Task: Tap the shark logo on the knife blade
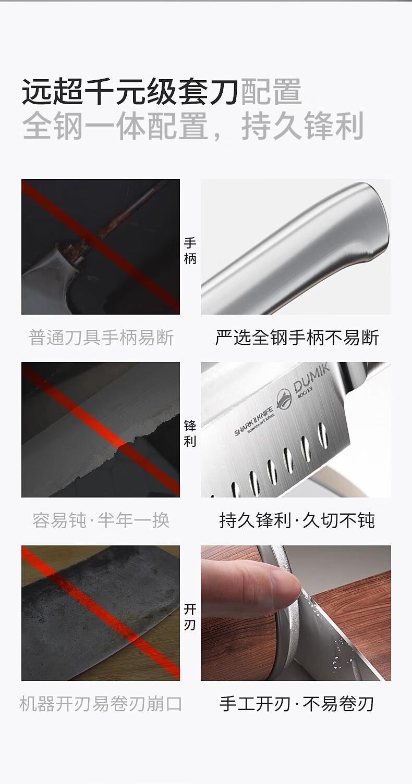284,399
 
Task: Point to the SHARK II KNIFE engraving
253,422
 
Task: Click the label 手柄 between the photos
190,251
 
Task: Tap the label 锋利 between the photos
190,433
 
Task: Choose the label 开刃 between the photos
190,617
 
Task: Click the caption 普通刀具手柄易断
101,338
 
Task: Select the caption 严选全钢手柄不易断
297,338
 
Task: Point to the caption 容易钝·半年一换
101,520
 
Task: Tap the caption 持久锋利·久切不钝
297,520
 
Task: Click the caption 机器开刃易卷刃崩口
101,704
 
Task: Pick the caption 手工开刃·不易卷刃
297,704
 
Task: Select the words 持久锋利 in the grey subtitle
302,126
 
